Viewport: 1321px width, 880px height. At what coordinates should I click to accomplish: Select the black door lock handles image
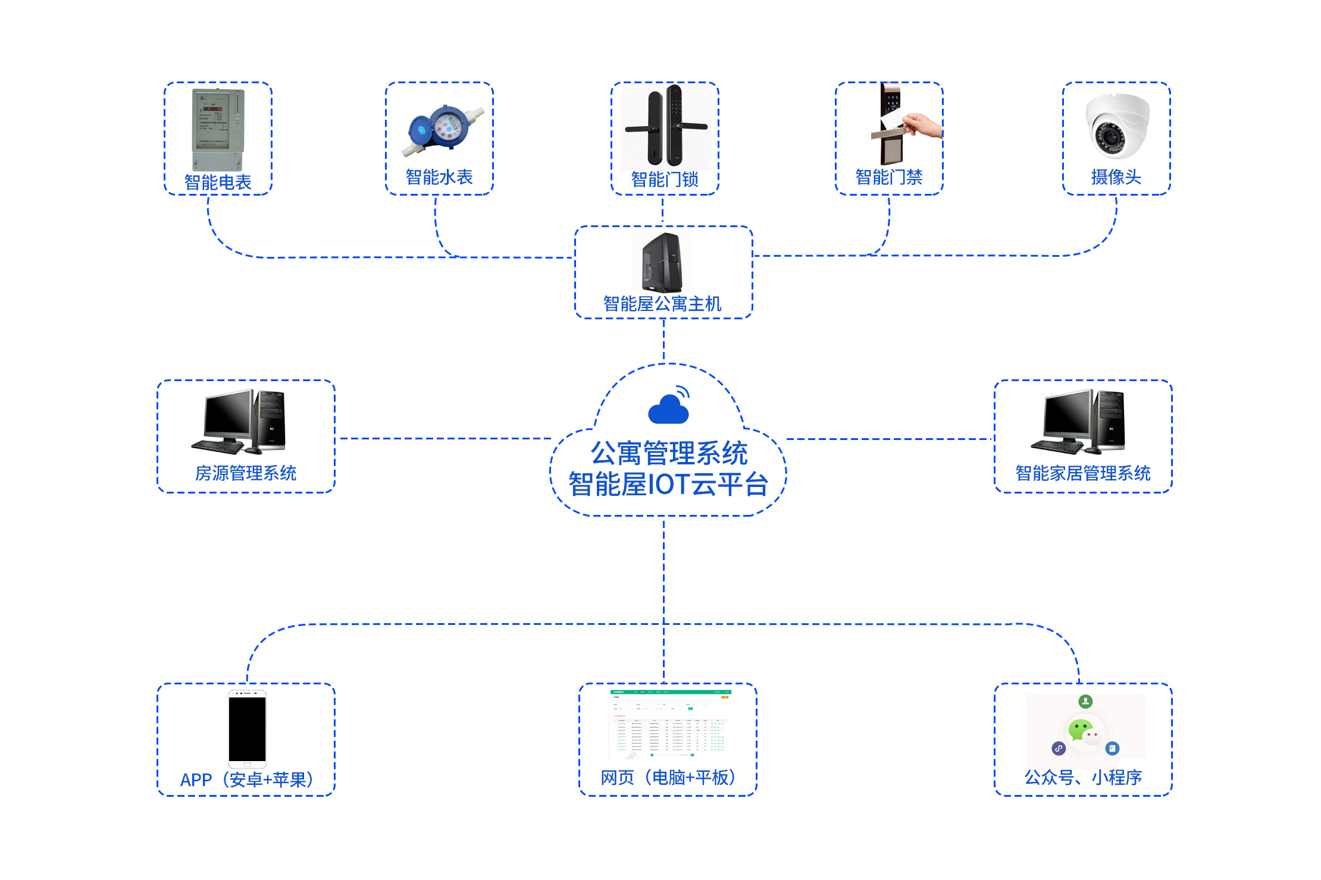tap(666, 126)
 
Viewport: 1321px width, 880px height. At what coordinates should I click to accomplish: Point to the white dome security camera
tap(1117, 126)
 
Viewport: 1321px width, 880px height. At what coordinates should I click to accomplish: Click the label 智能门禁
tap(889, 177)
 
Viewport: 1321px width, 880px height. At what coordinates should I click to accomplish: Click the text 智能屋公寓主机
tap(662, 304)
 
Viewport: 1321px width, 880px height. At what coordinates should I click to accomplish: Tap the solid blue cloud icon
tap(668, 409)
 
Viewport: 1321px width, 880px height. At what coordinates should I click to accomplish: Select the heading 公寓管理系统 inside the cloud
tap(669, 453)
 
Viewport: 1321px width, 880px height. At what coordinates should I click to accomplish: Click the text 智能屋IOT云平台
tap(668, 484)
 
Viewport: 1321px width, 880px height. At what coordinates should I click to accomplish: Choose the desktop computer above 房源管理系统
tap(239, 422)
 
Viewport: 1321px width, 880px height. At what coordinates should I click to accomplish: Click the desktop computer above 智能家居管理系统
tap(1078, 422)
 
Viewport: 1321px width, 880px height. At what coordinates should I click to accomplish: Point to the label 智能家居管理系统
tap(1082, 473)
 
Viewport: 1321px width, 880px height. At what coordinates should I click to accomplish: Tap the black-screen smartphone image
tap(248, 729)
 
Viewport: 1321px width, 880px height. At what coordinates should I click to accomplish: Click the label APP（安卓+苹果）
tap(246, 779)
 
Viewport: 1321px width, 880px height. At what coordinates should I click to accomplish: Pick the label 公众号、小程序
tap(1083, 777)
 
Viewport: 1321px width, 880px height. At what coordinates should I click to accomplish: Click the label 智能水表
tap(439, 177)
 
